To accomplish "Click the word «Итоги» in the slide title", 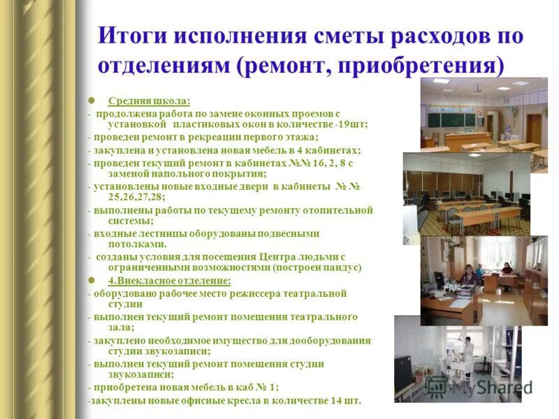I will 137,36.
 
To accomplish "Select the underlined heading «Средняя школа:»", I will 149,101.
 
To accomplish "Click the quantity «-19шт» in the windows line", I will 349,124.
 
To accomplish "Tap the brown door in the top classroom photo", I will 534,128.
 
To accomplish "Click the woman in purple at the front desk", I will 470,276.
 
